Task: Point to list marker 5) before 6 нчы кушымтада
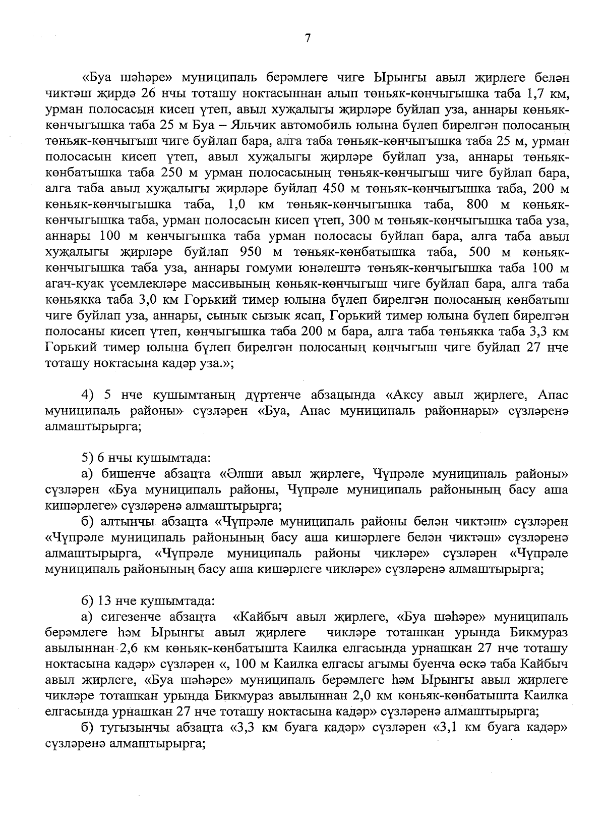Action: [87, 458]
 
